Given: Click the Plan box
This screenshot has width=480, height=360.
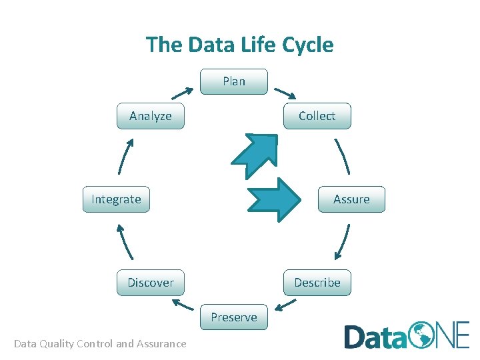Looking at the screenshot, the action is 234,81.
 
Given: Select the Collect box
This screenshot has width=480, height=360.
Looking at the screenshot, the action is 317,116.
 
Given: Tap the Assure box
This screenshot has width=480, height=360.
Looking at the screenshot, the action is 351,199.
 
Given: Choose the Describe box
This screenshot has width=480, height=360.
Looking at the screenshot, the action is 317,283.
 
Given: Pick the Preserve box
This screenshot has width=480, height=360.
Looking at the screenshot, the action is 234,317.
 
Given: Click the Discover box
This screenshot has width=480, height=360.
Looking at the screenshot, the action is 150,283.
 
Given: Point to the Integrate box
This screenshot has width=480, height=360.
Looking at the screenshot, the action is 116,199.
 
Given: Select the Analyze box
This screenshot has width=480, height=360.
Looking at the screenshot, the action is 150,116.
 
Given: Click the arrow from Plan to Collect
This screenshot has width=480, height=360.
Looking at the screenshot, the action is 285,93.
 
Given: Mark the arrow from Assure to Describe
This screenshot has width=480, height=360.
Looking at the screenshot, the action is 343,241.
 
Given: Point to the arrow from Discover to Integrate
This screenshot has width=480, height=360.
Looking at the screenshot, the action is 125,241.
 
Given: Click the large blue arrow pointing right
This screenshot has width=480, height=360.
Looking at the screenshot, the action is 274,199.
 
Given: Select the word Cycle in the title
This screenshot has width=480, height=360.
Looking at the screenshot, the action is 308,45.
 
